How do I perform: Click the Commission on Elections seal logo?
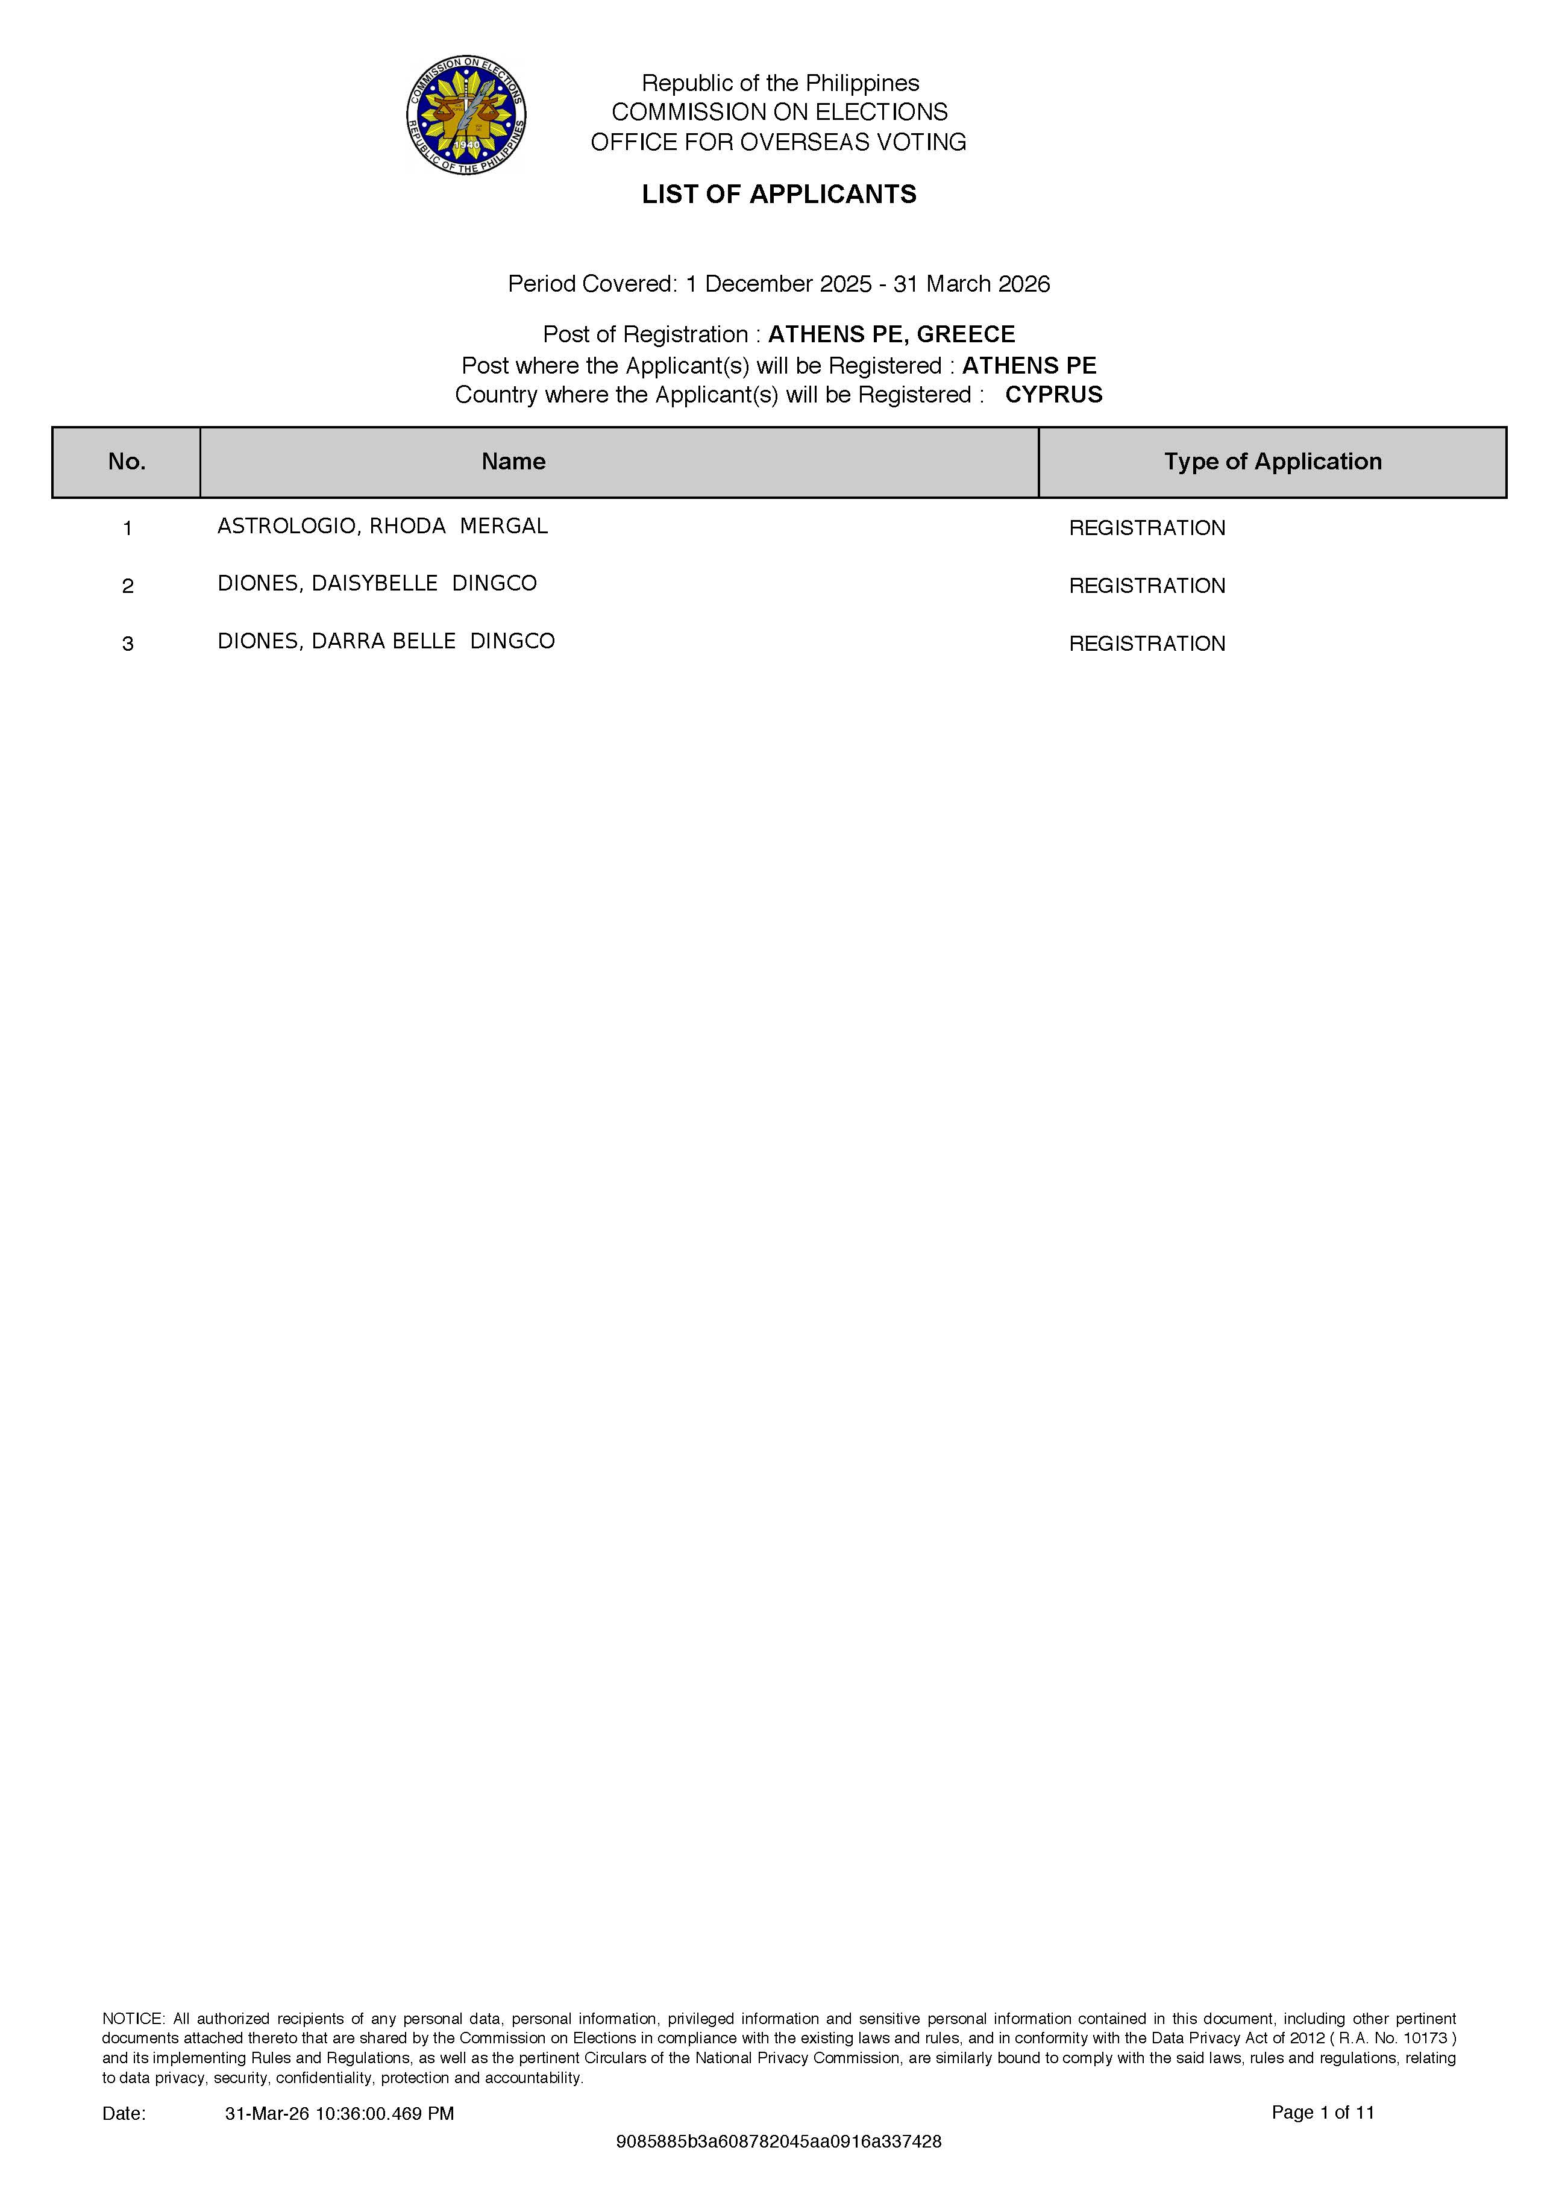466,115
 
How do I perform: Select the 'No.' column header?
127,462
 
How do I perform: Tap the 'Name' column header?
513,462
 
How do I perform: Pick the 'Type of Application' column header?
1273,462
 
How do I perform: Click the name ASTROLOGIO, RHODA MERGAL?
383,527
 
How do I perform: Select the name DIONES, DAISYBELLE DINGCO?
377,584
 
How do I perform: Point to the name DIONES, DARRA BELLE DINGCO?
386,642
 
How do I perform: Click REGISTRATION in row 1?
1147,528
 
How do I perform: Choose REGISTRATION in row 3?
1147,644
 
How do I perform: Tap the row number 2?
128,586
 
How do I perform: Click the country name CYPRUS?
1053,395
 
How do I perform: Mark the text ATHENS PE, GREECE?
891,334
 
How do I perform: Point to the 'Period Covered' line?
779,284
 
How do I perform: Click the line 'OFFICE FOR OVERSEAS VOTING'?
779,142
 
